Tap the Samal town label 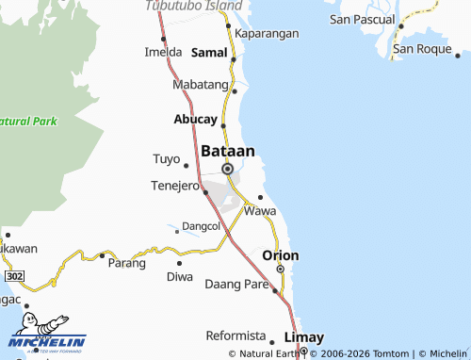pos(209,53)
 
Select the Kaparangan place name pos(268,33)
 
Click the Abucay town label pos(195,120)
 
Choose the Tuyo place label pos(165,158)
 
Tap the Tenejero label pos(174,185)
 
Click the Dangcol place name pos(200,226)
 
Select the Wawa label pos(260,211)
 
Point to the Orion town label pos(281,255)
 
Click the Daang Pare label pos(236,284)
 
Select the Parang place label pos(126,263)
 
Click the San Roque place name pos(424,49)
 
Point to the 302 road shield pos(13,276)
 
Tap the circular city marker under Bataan pos(227,169)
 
